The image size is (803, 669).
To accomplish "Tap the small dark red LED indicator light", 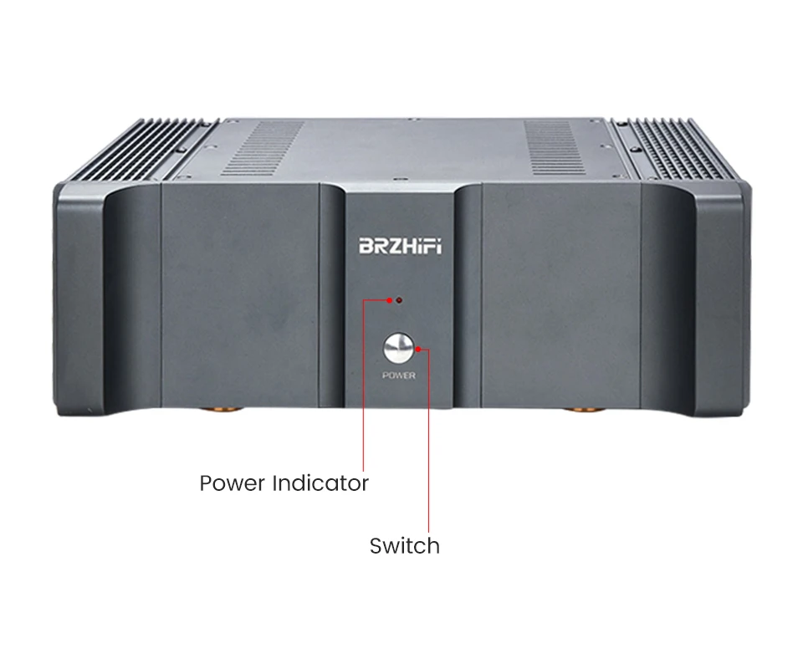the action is [x=399, y=299].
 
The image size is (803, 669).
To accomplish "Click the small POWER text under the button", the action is [x=398, y=375].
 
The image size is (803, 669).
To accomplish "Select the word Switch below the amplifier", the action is [x=404, y=547].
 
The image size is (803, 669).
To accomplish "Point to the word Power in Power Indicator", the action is [x=233, y=483].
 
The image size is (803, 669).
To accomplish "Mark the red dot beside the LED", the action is [x=388, y=299].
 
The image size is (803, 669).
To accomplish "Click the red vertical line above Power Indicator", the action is [x=364, y=385].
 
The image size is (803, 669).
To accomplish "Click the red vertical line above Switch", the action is [x=430, y=443].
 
